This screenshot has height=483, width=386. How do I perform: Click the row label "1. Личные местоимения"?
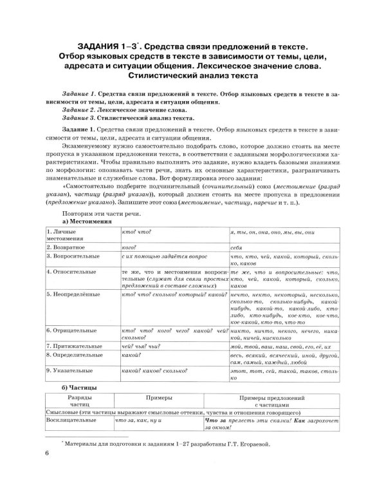(x=68, y=234)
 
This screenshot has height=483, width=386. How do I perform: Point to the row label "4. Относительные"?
(x=71, y=272)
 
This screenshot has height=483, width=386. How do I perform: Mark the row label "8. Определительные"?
(x=76, y=355)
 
